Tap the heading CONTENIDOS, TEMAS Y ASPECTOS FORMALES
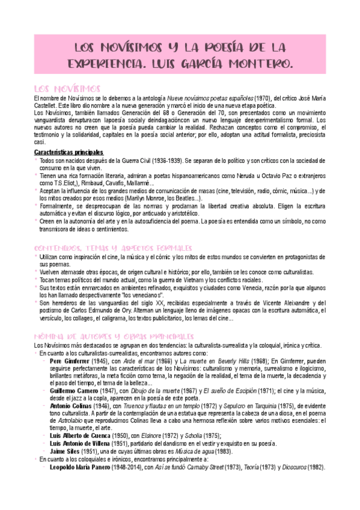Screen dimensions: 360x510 coord(112,248)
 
